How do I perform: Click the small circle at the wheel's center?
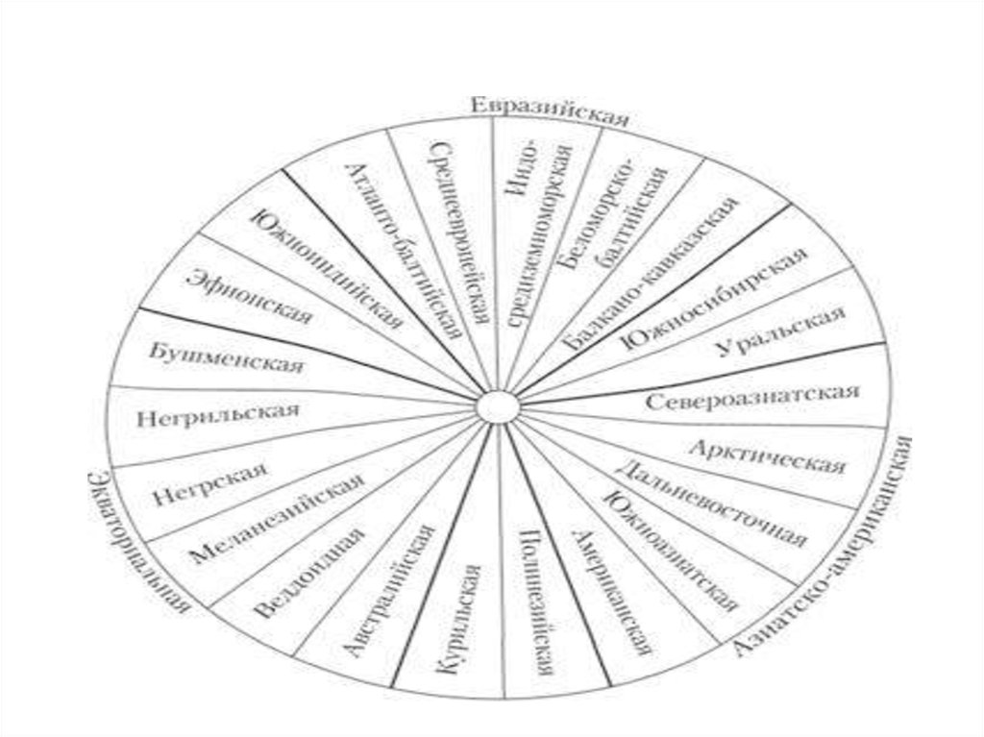tap(497, 405)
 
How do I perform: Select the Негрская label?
tap(209, 485)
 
